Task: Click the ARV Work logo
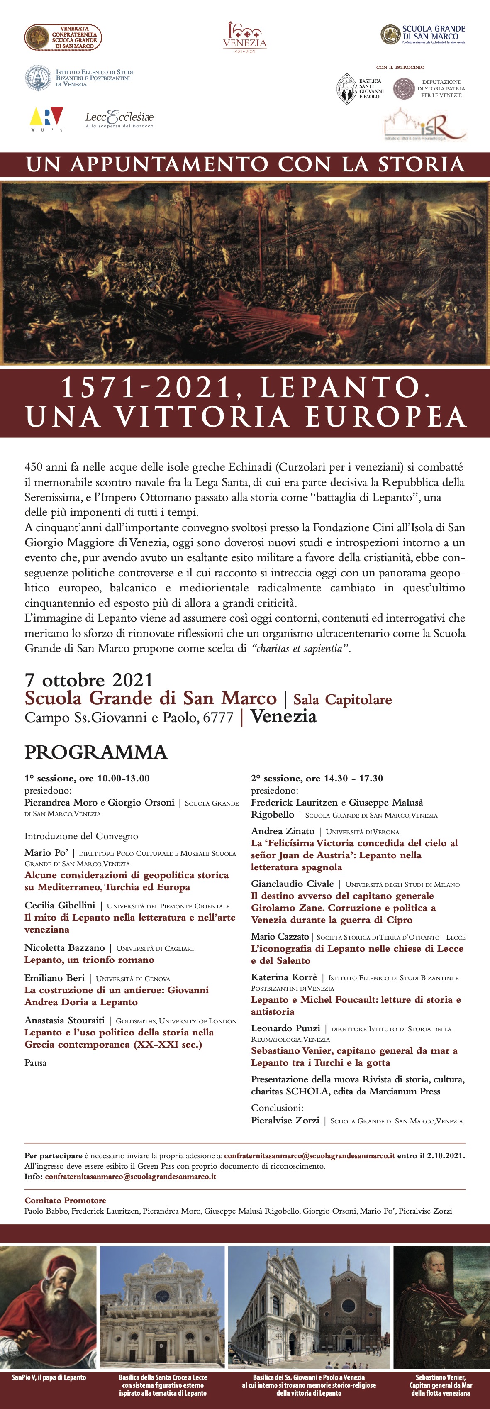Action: click(x=46, y=119)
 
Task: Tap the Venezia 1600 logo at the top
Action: click(x=245, y=38)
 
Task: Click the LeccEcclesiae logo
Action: click(x=119, y=119)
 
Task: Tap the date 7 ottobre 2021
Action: click(x=89, y=680)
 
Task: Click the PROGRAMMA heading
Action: click(x=96, y=752)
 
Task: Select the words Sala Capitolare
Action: click(x=342, y=700)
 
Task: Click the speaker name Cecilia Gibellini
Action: click(x=60, y=905)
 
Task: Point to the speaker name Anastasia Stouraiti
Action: click(x=65, y=1020)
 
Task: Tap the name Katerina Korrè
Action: click(x=284, y=977)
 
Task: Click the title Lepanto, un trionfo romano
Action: click(x=89, y=960)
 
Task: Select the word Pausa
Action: click(x=36, y=1063)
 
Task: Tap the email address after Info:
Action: click(x=130, y=1176)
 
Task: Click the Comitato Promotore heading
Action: click(x=65, y=1200)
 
